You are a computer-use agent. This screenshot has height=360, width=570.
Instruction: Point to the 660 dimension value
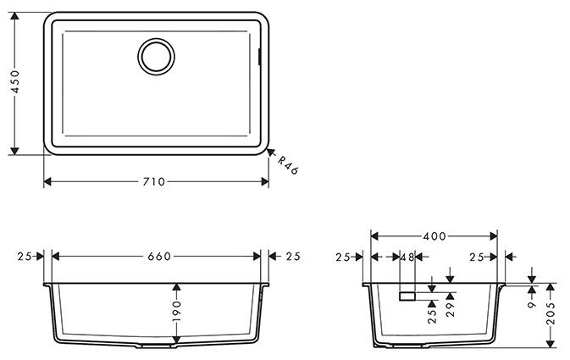(160, 256)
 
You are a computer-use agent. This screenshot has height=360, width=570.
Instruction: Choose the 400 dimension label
(435, 235)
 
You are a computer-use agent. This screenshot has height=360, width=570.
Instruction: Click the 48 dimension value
(407, 257)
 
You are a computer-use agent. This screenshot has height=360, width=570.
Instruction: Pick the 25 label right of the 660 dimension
(293, 256)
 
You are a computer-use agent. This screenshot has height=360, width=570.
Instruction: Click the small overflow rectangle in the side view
(406, 296)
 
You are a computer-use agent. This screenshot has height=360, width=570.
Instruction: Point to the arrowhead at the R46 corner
(272, 153)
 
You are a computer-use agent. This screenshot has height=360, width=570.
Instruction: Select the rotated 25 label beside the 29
(431, 316)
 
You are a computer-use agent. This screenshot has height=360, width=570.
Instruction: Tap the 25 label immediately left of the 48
(342, 257)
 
